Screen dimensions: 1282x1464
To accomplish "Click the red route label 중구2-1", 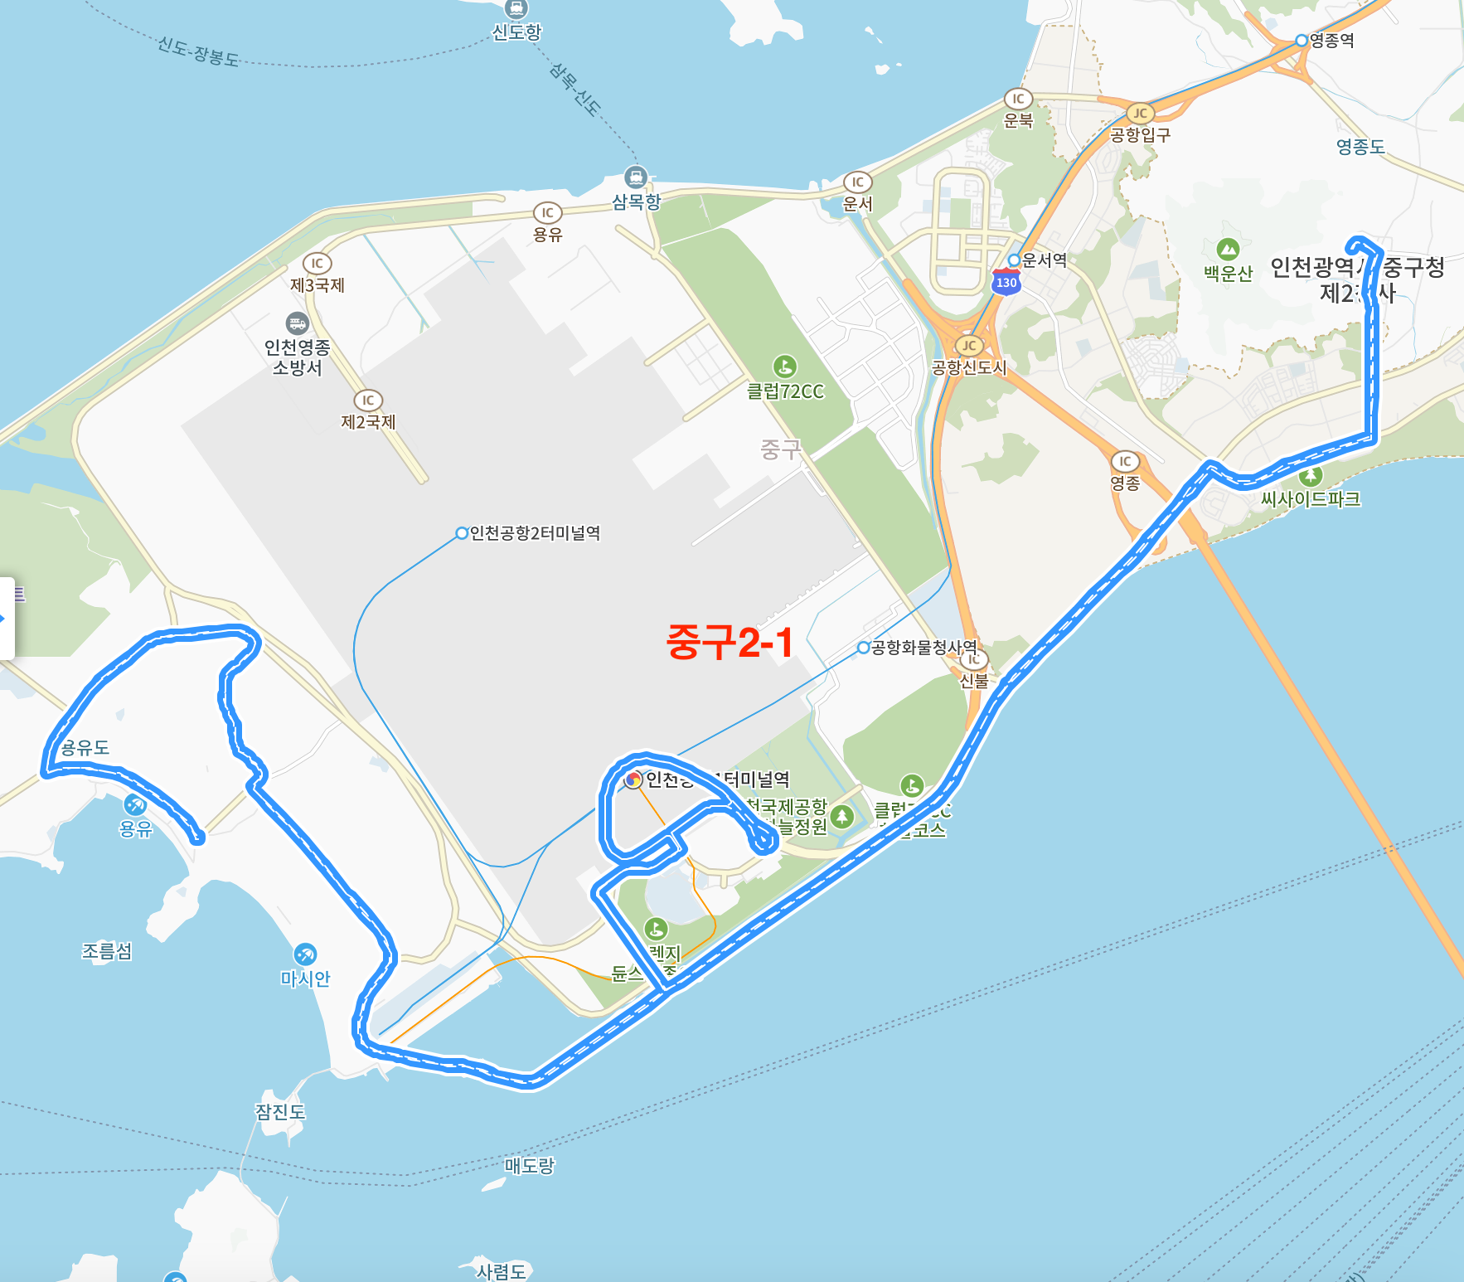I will pos(730,643).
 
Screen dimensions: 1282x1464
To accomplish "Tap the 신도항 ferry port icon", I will pos(516,9).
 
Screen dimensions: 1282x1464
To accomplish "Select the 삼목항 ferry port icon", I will pos(636,177).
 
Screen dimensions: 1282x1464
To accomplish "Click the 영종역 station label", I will pos(1331,41).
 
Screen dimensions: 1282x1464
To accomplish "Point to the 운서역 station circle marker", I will pos(1013,260).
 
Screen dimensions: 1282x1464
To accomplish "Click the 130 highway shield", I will pos(1006,282).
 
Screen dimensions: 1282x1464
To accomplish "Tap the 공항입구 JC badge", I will pos(1141,114).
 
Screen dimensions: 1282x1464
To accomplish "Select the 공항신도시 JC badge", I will pos(969,346).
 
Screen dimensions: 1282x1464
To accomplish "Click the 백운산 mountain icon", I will pos(1228,249).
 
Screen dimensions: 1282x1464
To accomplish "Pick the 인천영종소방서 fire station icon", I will pos(297,323).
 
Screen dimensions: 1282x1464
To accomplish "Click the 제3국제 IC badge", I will pos(317,264).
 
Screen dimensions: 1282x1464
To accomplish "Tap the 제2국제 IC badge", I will pos(368,401).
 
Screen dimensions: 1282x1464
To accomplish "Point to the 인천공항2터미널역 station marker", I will pos(463,533).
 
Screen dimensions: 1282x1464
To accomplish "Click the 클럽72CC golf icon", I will pos(784,366).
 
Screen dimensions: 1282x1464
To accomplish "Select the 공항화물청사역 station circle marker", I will pos(864,648).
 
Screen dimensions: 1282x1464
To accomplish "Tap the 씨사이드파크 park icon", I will pos(1310,476).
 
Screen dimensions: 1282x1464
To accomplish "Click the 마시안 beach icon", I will pos(305,954).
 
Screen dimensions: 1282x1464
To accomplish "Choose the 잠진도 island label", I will pos(280,1111).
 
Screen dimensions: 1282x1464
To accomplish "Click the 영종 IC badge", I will pos(1125,461).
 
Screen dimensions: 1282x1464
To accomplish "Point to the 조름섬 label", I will pos(107,951).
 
